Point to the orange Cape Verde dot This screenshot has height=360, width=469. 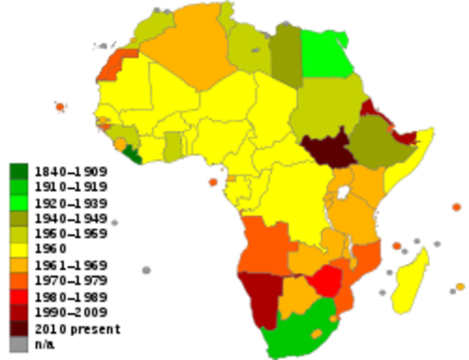pyautogui.click(x=61, y=106)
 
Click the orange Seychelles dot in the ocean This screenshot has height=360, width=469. pyautogui.click(x=456, y=206)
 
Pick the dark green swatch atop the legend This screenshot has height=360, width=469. pyautogui.click(x=18, y=170)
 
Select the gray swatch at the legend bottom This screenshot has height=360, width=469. pyautogui.click(x=18, y=344)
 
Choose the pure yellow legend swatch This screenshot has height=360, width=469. pyautogui.click(x=18, y=249)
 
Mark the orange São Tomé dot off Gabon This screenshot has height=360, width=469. pyautogui.click(x=213, y=181)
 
